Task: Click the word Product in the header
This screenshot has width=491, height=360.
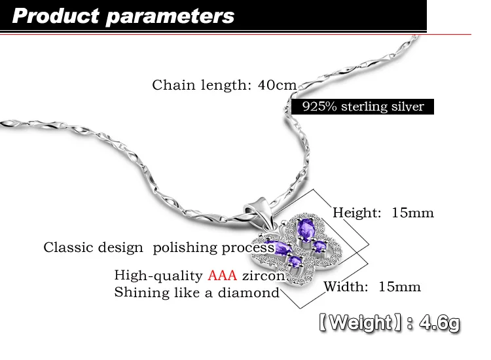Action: click(56, 16)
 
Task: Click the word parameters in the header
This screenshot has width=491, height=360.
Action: click(170, 17)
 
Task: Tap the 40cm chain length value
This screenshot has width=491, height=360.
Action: click(277, 85)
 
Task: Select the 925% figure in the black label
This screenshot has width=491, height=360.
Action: click(319, 107)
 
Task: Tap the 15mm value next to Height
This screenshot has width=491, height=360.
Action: click(412, 213)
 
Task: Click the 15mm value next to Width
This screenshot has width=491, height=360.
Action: click(399, 287)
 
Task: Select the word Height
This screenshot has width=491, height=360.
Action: click(356, 213)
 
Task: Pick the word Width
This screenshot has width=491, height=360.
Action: click(346, 287)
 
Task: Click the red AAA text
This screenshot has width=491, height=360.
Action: click(223, 276)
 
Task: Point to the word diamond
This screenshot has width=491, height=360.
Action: click(248, 293)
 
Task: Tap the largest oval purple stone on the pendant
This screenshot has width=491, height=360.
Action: click(305, 228)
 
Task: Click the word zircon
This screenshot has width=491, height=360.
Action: click(264, 276)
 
